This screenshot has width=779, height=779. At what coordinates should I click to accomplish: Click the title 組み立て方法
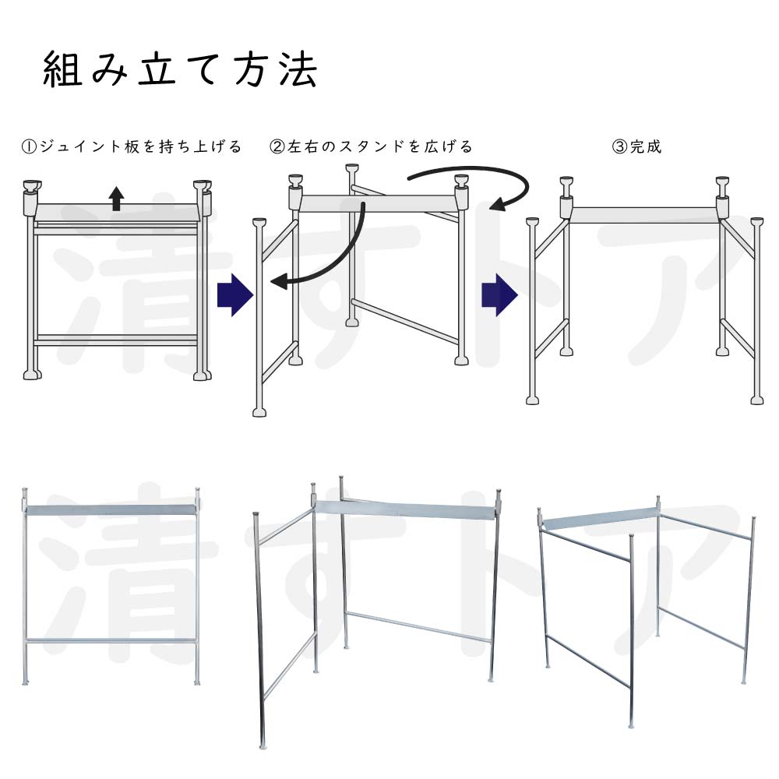(x=180, y=70)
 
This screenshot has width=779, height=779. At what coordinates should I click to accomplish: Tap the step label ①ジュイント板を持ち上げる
(x=132, y=146)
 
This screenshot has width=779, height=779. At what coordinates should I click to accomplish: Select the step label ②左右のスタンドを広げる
(x=371, y=146)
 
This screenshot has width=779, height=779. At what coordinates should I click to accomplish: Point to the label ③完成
(x=637, y=146)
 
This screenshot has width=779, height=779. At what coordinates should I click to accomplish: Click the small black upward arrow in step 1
(x=116, y=198)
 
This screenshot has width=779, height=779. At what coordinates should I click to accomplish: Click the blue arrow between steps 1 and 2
(x=235, y=295)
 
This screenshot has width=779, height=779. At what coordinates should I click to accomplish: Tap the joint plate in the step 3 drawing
(x=645, y=215)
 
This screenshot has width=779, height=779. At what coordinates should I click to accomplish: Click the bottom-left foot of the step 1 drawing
(x=32, y=374)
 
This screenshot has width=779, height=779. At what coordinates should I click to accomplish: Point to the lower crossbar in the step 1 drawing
(x=116, y=341)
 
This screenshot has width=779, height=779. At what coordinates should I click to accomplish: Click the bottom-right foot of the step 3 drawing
(x=756, y=400)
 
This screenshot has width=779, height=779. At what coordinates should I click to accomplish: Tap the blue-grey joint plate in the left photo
(x=111, y=509)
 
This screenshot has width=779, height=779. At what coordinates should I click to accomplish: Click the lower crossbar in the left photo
(x=111, y=641)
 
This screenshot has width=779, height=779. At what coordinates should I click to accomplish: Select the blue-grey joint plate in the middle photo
(x=405, y=509)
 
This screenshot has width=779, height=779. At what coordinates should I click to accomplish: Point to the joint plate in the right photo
(x=600, y=519)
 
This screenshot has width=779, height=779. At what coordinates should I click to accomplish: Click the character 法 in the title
(x=298, y=70)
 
